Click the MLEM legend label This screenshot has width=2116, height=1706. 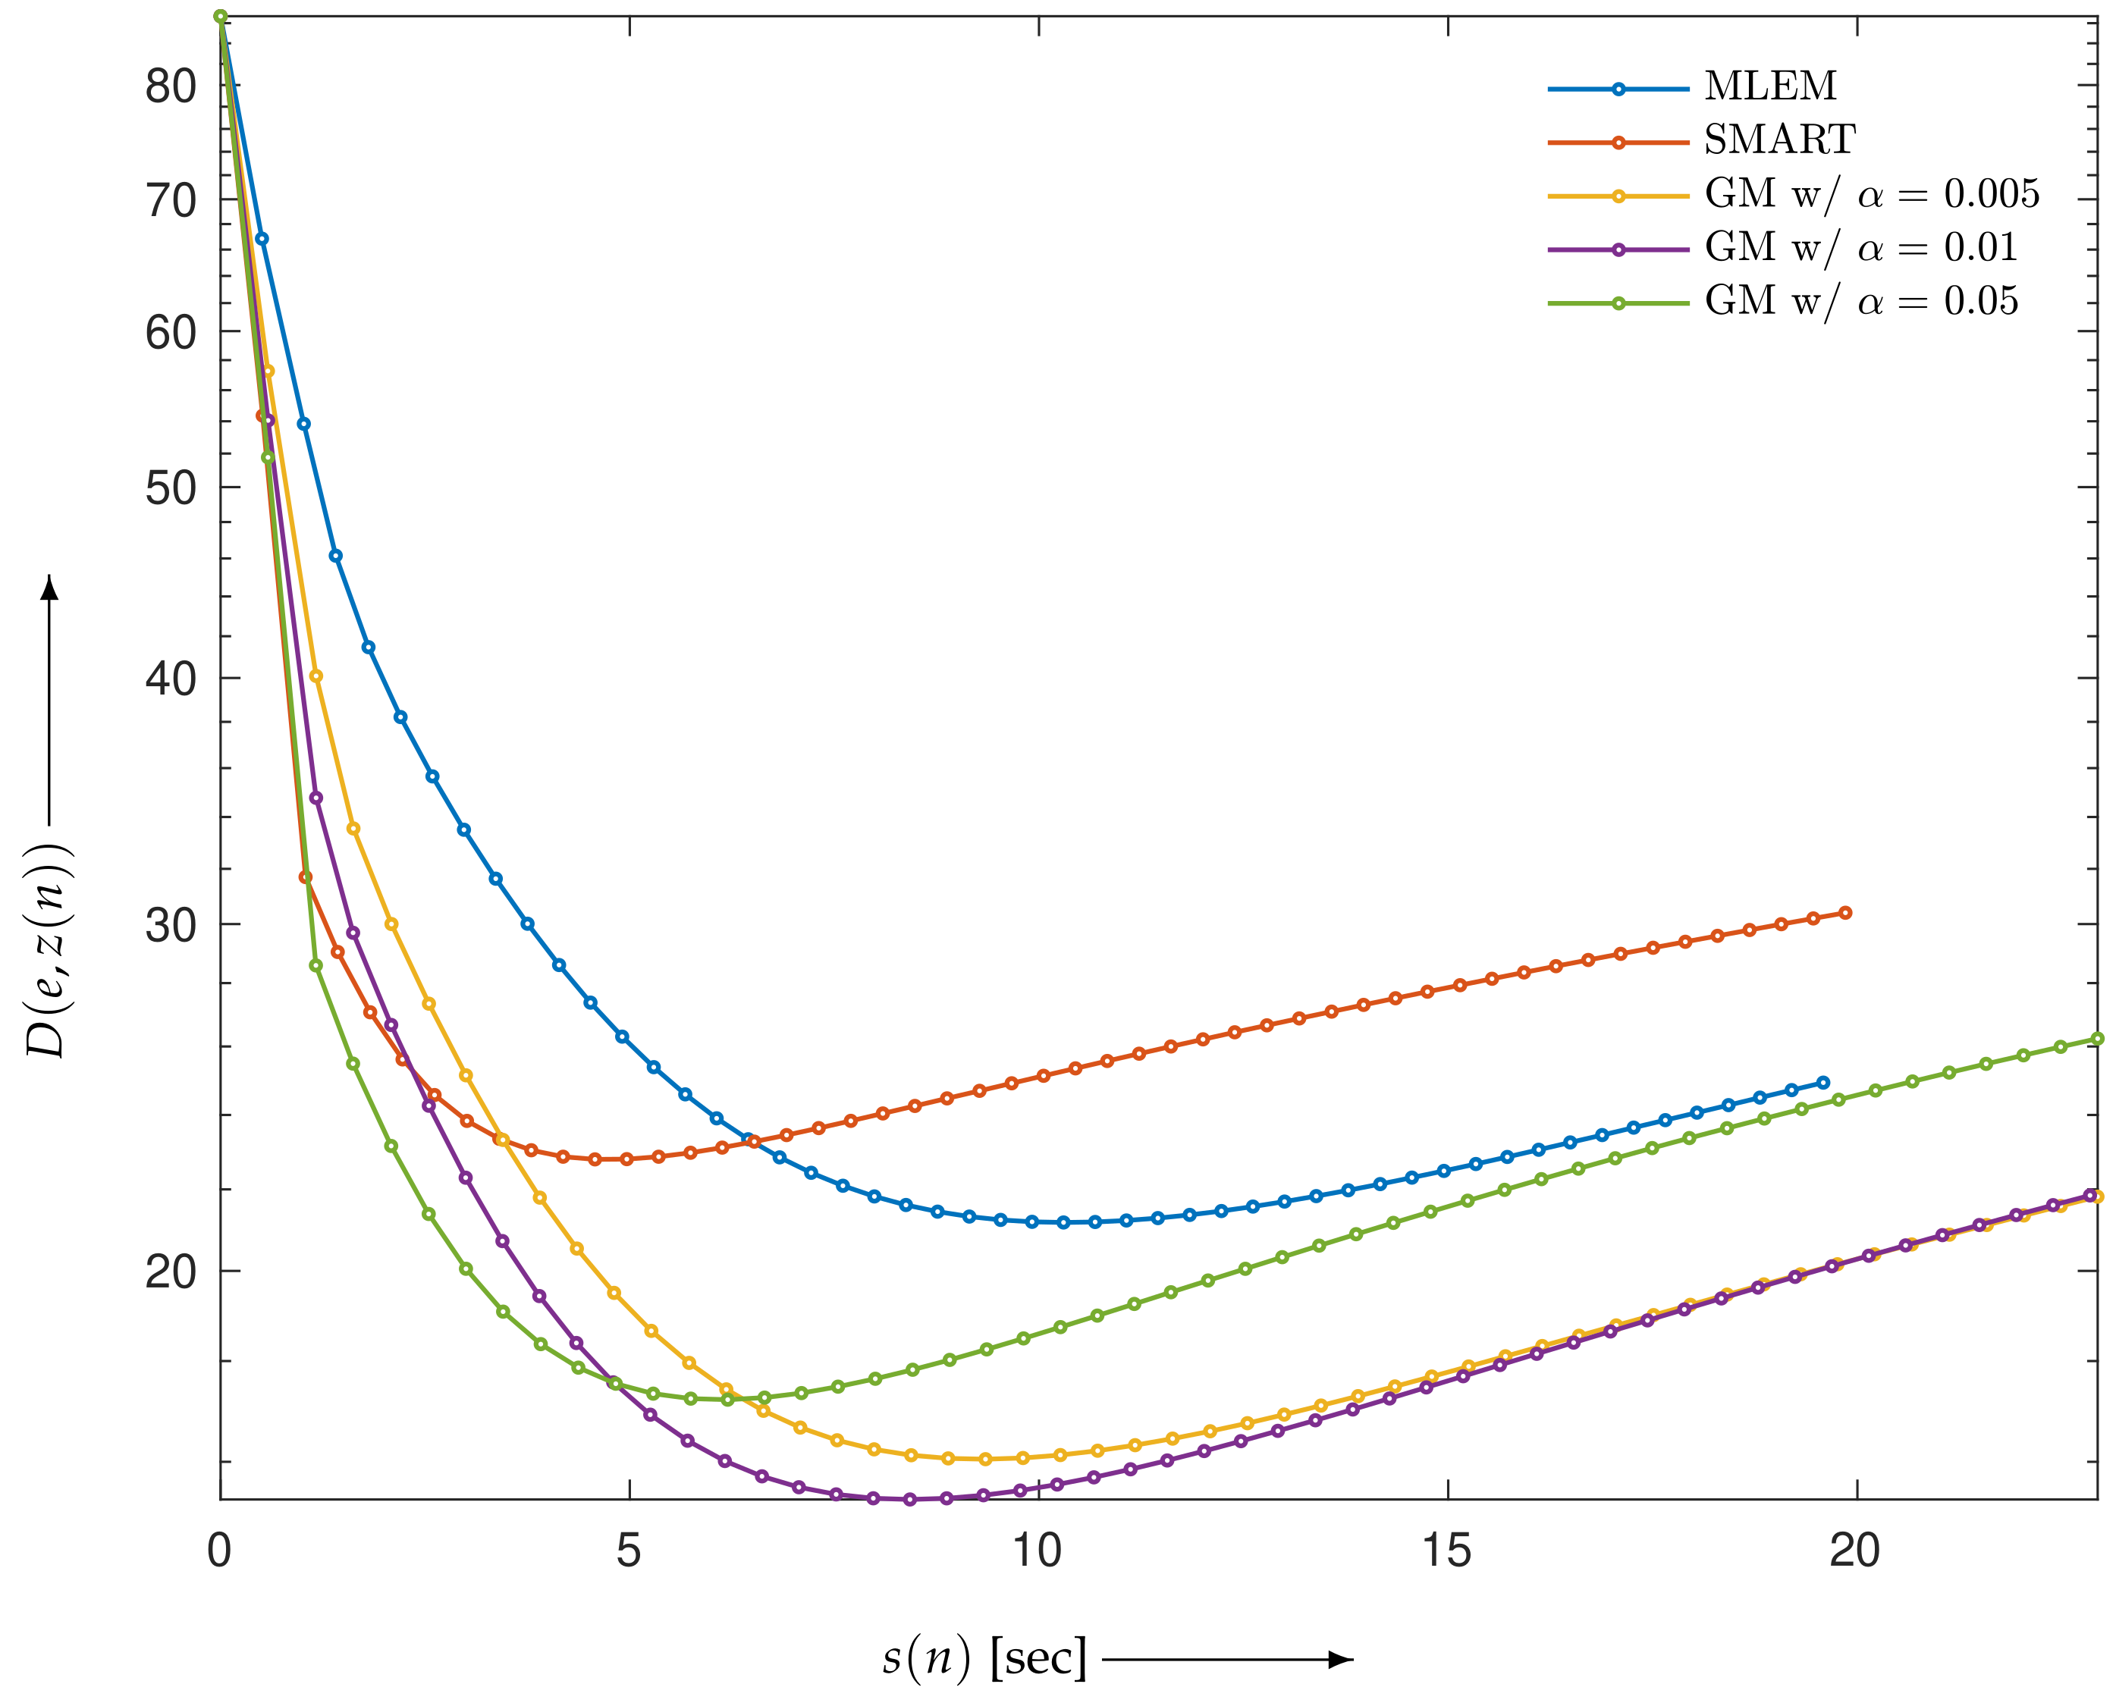point(1769,87)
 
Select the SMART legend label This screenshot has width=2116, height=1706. point(1779,140)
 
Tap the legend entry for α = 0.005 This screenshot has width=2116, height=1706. point(1871,195)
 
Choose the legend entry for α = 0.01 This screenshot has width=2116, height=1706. point(1860,248)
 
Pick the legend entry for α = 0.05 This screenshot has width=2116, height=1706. point(1860,302)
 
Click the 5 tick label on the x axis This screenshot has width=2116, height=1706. point(628,1551)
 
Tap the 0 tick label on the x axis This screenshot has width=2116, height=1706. point(219,1551)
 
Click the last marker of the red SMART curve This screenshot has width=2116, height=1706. point(1844,913)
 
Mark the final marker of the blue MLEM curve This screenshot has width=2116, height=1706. point(1823,1083)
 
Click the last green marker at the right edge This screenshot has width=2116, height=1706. point(2097,1039)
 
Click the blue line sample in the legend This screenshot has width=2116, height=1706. point(1618,89)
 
